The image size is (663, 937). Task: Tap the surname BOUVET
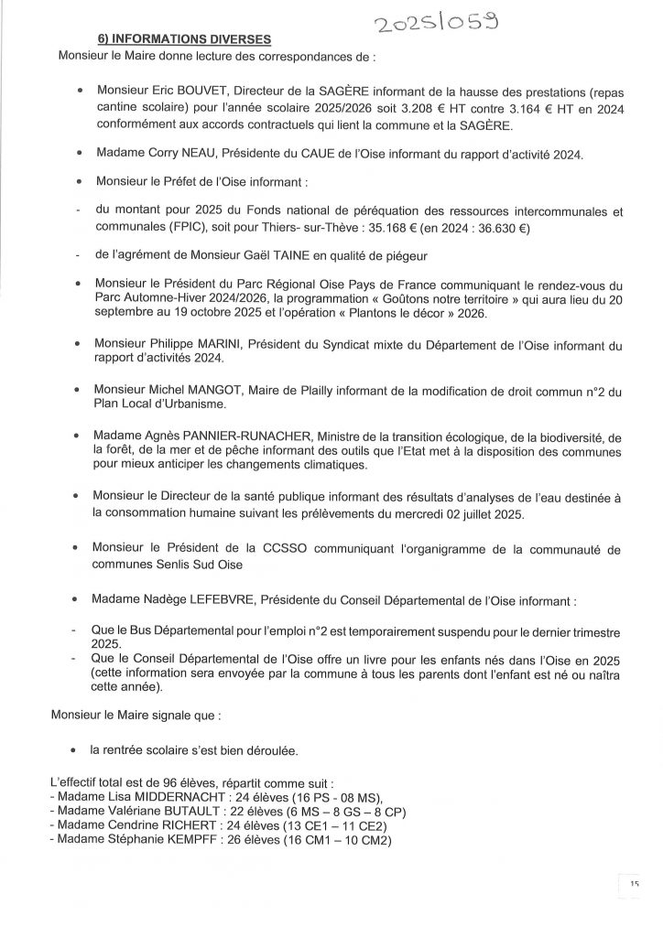click(194, 92)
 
